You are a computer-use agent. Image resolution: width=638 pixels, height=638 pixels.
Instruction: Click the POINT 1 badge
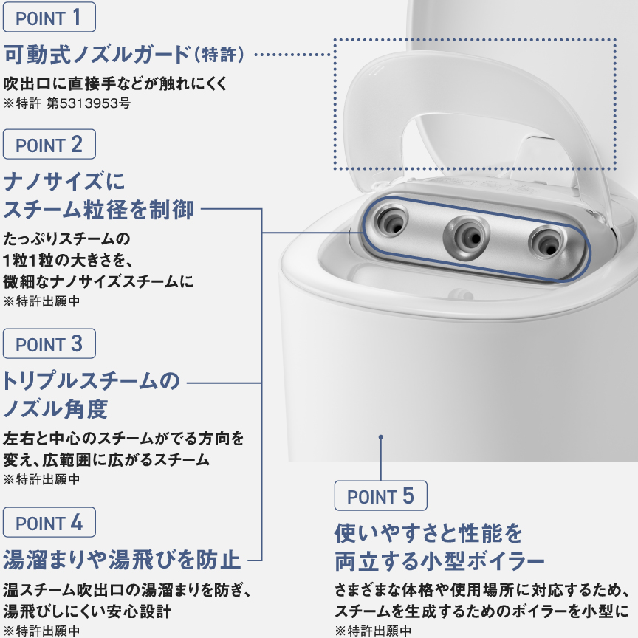pos(49,18)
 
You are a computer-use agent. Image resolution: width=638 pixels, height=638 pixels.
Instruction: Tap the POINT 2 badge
pos(49,145)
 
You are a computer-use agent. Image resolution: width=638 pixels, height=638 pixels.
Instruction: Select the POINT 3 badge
pos(49,344)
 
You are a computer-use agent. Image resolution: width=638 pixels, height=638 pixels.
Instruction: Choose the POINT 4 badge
pos(49,523)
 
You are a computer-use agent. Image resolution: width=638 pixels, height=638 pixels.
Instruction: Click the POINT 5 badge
pos(381,496)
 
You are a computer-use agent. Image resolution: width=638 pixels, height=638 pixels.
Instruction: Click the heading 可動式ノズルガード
pos(96,55)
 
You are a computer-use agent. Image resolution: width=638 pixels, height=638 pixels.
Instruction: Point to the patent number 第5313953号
pos(89,103)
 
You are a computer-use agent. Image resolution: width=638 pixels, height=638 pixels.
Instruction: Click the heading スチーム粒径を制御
pos(99,210)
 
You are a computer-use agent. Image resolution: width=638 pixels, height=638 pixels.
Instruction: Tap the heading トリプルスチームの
pos(92,382)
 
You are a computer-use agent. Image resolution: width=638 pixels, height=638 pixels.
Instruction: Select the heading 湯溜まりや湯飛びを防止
pos(123,558)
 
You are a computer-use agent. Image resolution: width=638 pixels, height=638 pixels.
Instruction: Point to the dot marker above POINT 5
pos(381,437)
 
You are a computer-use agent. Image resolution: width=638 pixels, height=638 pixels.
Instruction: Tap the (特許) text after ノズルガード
pos(224,55)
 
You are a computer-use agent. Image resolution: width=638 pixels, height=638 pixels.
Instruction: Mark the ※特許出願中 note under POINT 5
pos(373,631)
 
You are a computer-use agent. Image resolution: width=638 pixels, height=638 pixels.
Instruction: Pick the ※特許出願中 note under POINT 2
pos(42,301)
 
